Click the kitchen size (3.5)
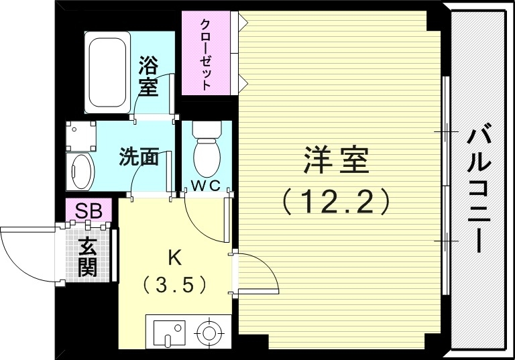(x=173, y=286)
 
